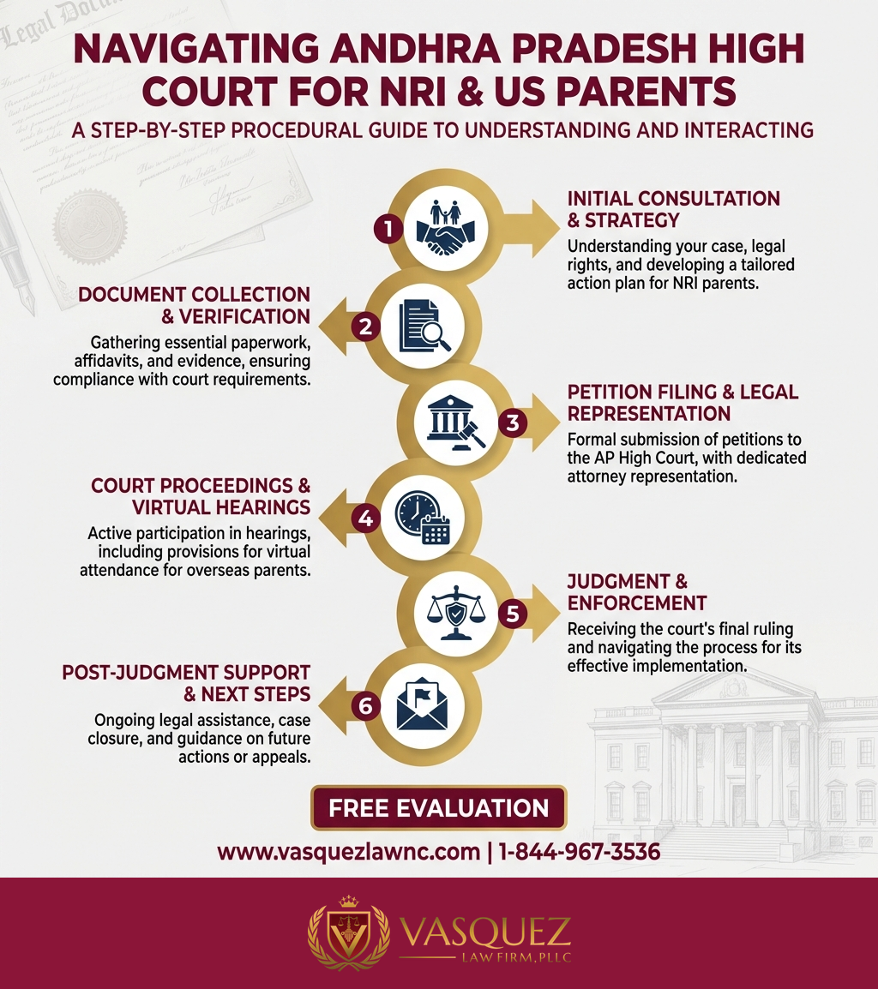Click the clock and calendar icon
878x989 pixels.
click(421, 518)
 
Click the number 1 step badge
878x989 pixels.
click(388, 229)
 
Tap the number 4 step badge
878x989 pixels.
click(366, 518)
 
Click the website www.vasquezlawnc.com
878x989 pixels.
click(347, 852)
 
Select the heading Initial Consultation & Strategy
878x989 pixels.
click(673, 208)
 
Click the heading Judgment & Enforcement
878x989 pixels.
click(636, 592)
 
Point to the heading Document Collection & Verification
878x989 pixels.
click(194, 306)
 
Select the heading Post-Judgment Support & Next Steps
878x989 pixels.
click(185, 682)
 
